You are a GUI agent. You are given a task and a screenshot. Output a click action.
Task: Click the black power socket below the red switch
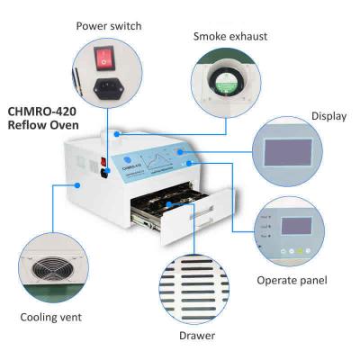click(109, 88)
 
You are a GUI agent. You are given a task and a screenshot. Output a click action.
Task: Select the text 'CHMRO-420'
click(46, 112)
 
